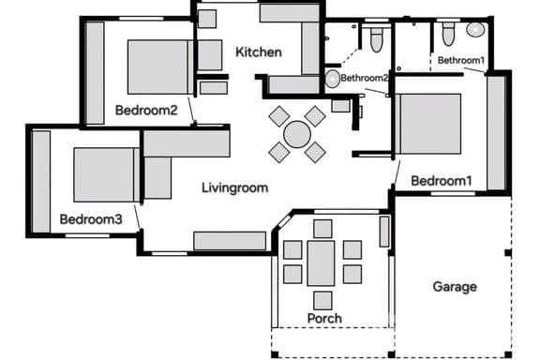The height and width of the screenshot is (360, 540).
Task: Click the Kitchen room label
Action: [x=259, y=52]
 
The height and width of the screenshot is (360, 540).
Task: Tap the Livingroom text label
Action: [x=235, y=188]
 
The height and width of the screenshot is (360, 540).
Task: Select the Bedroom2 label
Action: [x=146, y=111]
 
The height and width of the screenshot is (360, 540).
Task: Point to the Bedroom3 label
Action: [x=91, y=219]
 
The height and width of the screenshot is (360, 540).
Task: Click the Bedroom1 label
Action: [x=442, y=181]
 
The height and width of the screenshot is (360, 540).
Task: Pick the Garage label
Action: [x=455, y=287]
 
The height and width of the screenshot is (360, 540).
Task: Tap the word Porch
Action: [x=324, y=319]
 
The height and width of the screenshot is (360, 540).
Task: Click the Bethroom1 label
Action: [x=461, y=60]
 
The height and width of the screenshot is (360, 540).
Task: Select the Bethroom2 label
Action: [x=365, y=78]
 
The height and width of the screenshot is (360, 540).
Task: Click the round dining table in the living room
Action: [x=297, y=134]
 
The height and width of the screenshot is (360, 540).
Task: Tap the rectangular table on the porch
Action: [x=321, y=263]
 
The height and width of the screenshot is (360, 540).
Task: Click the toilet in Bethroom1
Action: [x=448, y=34]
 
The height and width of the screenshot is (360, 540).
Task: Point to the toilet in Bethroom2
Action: [x=377, y=39]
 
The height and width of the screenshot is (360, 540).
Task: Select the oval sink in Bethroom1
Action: [x=475, y=29]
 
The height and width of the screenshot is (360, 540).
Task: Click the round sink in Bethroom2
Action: [x=332, y=79]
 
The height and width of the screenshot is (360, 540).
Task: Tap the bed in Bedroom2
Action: [x=160, y=67]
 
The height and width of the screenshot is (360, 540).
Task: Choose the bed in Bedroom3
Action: [x=107, y=175]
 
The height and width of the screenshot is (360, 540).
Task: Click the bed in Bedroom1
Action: [x=428, y=124]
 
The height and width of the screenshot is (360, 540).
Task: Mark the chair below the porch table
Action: [x=322, y=300]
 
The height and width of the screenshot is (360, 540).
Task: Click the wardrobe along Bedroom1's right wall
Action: [x=496, y=132]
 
